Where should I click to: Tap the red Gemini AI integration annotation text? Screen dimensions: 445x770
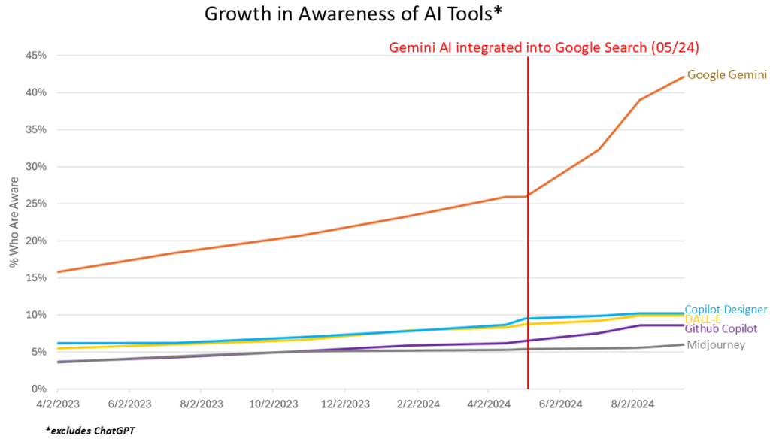[544, 47]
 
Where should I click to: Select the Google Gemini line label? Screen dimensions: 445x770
[727, 75]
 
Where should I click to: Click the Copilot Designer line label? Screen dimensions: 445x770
[726, 310]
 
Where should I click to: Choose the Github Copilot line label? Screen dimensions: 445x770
[721, 329]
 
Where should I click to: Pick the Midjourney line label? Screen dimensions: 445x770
[716, 345]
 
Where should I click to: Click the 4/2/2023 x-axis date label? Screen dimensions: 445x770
[57, 404]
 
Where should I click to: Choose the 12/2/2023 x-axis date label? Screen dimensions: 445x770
[344, 404]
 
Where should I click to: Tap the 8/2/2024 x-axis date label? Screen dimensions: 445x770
[632, 404]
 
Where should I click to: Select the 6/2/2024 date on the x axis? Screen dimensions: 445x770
[559, 404]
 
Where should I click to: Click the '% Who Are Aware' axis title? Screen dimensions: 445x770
[14, 222]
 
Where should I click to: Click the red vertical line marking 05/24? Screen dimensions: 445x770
[528, 226]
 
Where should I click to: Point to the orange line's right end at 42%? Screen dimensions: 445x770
[683, 77]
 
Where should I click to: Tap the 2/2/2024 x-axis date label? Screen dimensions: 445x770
[416, 404]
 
